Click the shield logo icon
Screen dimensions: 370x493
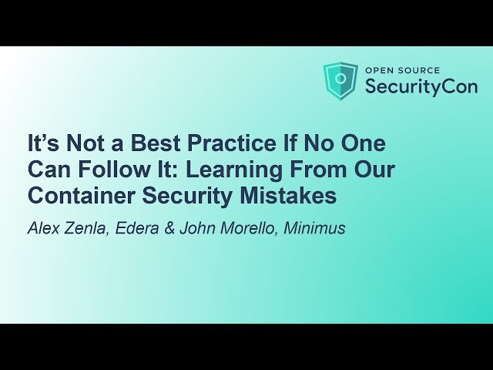[340, 81]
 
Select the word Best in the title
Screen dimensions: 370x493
[159, 144]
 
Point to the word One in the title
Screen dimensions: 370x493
[361, 144]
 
